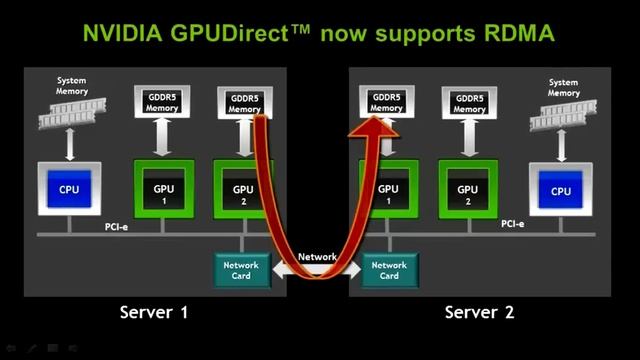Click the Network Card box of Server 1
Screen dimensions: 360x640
click(x=242, y=270)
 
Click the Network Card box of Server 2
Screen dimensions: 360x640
click(x=389, y=270)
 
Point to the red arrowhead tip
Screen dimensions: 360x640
click(x=378, y=123)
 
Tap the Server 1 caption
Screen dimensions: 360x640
click(x=154, y=312)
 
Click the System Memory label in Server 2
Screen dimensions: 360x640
click(x=563, y=88)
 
